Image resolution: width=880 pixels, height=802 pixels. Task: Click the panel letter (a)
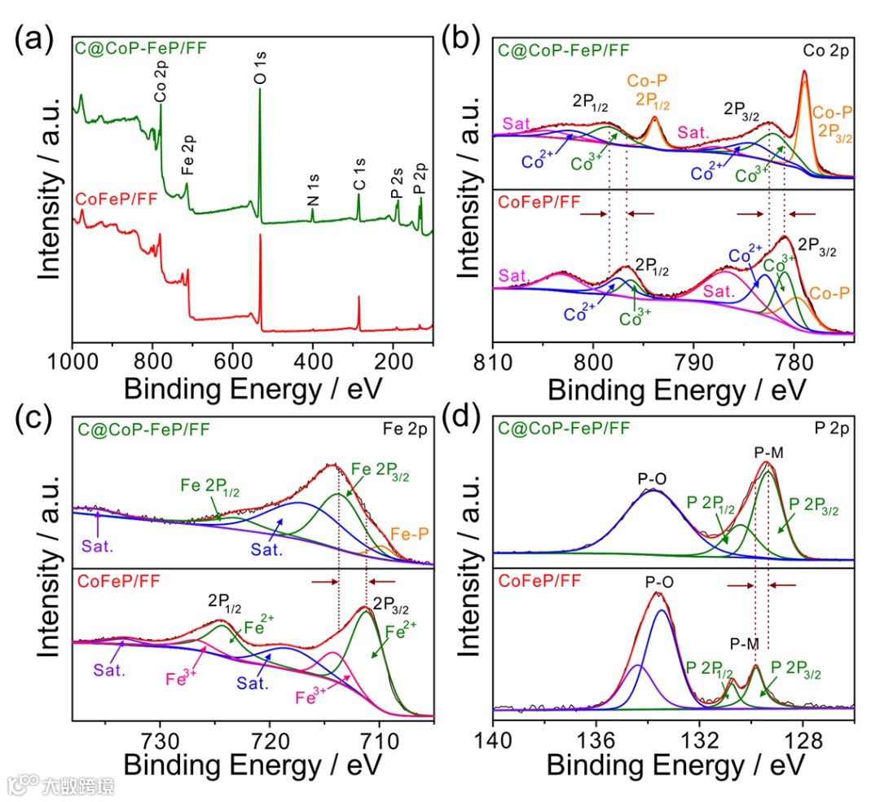(x=36, y=39)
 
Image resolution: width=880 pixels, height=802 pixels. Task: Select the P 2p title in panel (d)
(x=834, y=425)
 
